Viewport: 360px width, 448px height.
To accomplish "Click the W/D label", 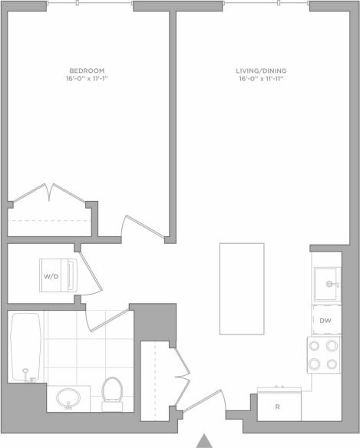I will pyautogui.click(x=51, y=275).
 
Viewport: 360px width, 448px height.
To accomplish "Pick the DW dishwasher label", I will pyautogui.click(x=325, y=321).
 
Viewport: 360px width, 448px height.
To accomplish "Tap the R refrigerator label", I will pyautogui.click(x=278, y=407).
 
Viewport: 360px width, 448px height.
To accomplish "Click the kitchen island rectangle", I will pyautogui.click(x=242, y=288).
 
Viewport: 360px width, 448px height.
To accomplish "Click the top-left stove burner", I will pyautogui.click(x=315, y=346).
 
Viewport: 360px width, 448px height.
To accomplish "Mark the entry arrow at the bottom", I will pyautogui.click(x=204, y=440).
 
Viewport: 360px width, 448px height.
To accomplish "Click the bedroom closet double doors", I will pyautogui.click(x=51, y=193).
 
